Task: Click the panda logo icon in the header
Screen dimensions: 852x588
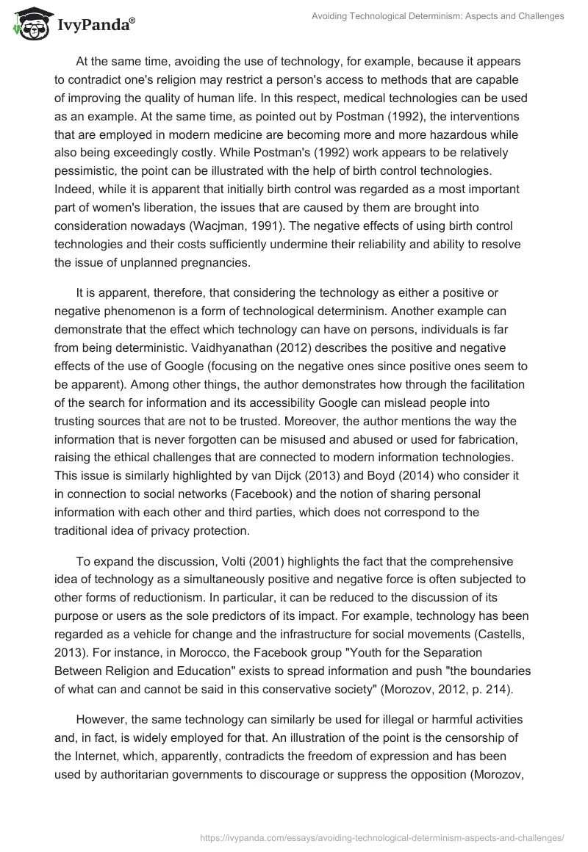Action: pyautogui.click(x=27, y=24)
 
